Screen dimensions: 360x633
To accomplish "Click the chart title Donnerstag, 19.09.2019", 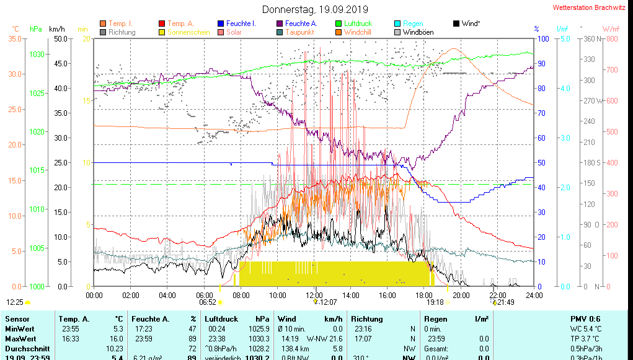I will [x=315, y=9].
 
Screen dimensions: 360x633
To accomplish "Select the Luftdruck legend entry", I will [x=358, y=24].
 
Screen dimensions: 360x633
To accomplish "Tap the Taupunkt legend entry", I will [x=299, y=32].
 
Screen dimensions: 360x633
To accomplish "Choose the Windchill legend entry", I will [x=358, y=32].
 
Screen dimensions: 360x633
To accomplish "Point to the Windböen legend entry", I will [x=418, y=32].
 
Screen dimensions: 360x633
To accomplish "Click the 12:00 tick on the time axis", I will [x=314, y=294].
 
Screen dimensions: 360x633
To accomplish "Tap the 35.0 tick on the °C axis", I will [x=14, y=38].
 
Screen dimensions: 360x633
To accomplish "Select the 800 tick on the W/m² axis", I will [x=612, y=38].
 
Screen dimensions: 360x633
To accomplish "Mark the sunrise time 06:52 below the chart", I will [x=207, y=302].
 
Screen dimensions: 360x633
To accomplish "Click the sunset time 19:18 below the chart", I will [x=435, y=302].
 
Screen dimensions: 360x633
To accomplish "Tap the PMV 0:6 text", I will [x=585, y=318].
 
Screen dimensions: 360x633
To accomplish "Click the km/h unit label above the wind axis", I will [x=56, y=29].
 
